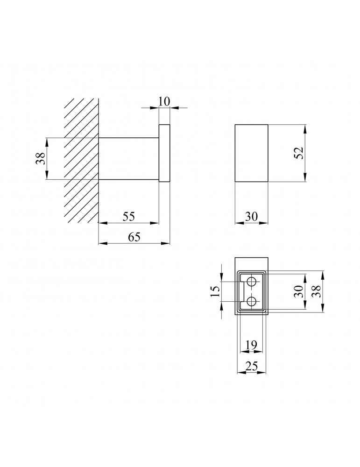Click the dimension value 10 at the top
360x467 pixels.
pos(164,101)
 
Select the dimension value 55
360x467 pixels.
pos(128,216)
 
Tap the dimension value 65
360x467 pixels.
pos(134,237)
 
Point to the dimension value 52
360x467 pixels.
pos(299,153)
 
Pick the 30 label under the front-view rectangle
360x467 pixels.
pos(251,217)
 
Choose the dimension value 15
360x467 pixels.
pos(215,291)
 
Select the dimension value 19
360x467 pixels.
pos(251,345)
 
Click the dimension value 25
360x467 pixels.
pos(251,366)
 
